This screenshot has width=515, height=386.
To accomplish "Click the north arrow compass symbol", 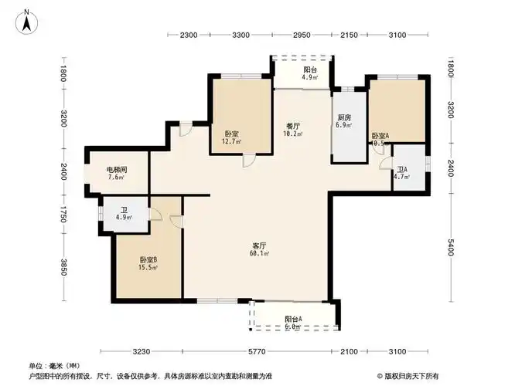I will click(x=26, y=21).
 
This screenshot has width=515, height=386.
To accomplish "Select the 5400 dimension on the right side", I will click(x=450, y=249).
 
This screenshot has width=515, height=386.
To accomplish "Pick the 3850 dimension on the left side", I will click(x=65, y=267).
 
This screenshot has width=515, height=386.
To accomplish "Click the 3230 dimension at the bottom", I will click(x=142, y=352).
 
